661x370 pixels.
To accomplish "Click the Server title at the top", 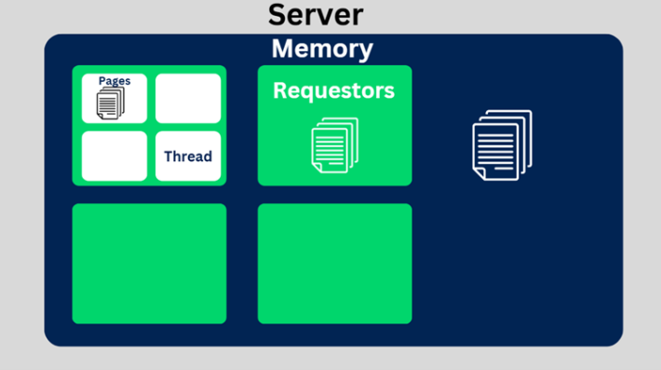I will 316,15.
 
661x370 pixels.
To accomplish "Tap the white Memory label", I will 322,48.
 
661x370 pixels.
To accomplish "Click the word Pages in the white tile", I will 115,81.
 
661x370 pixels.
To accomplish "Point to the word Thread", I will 188,157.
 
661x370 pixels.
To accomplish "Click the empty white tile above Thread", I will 188,98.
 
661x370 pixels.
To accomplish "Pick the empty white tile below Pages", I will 115,156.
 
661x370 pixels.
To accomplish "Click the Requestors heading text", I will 333,91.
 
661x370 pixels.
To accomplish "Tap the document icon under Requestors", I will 334,144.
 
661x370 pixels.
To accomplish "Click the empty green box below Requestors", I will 334,264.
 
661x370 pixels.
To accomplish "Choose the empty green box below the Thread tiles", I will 149,264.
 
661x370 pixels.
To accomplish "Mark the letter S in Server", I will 277,15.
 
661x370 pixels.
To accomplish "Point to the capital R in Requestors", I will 279,91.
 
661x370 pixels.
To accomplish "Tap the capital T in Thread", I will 169,157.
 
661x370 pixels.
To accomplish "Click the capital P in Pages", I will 101,81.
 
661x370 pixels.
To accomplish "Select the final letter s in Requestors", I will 389,92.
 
